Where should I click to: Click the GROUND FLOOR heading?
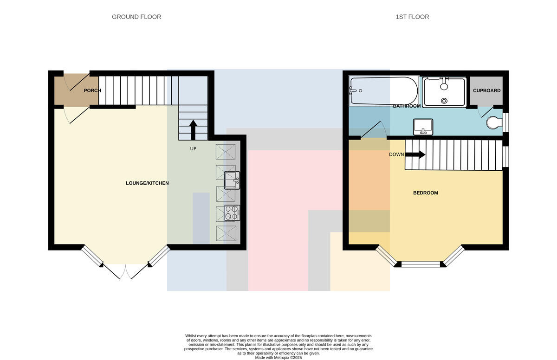click(136, 17)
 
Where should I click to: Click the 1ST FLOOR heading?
click(412, 17)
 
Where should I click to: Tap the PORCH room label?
click(92, 90)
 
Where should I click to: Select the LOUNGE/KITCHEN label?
click(147, 183)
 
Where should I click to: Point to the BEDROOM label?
click(426, 193)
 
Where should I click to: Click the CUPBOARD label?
click(486, 90)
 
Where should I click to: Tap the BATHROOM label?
click(407, 106)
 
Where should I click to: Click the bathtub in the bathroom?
click(384, 90)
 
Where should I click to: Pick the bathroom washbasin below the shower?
click(423, 127)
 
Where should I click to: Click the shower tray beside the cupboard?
click(444, 92)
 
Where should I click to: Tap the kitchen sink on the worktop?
click(232, 180)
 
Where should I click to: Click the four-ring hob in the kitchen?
click(232, 213)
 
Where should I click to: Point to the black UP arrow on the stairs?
click(193, 130)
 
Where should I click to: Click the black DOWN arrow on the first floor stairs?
click(415, 154)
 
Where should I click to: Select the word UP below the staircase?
click(193, 148)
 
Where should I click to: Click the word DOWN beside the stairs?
click(396, 154)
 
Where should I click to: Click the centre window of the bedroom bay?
click(421, 264)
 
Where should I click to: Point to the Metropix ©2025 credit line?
click(278, 358)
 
